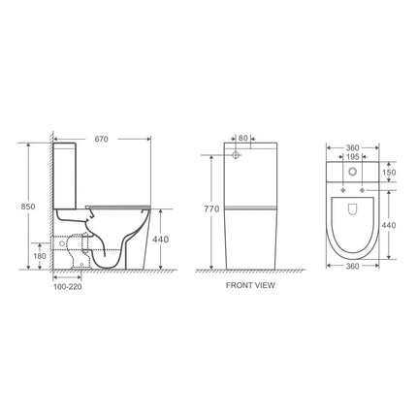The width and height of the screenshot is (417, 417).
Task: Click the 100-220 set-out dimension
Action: (x=66, y=287)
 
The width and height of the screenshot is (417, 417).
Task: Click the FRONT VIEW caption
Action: (x=253, y=287)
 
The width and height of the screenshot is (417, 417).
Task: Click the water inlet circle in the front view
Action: (x=236, y=155)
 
